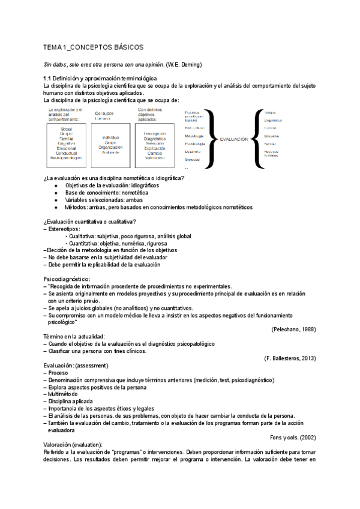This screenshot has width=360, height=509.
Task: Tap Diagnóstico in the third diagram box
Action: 155,138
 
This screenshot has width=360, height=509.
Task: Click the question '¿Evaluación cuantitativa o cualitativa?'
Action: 94,222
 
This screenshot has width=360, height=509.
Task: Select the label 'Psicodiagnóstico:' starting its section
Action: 67,279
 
